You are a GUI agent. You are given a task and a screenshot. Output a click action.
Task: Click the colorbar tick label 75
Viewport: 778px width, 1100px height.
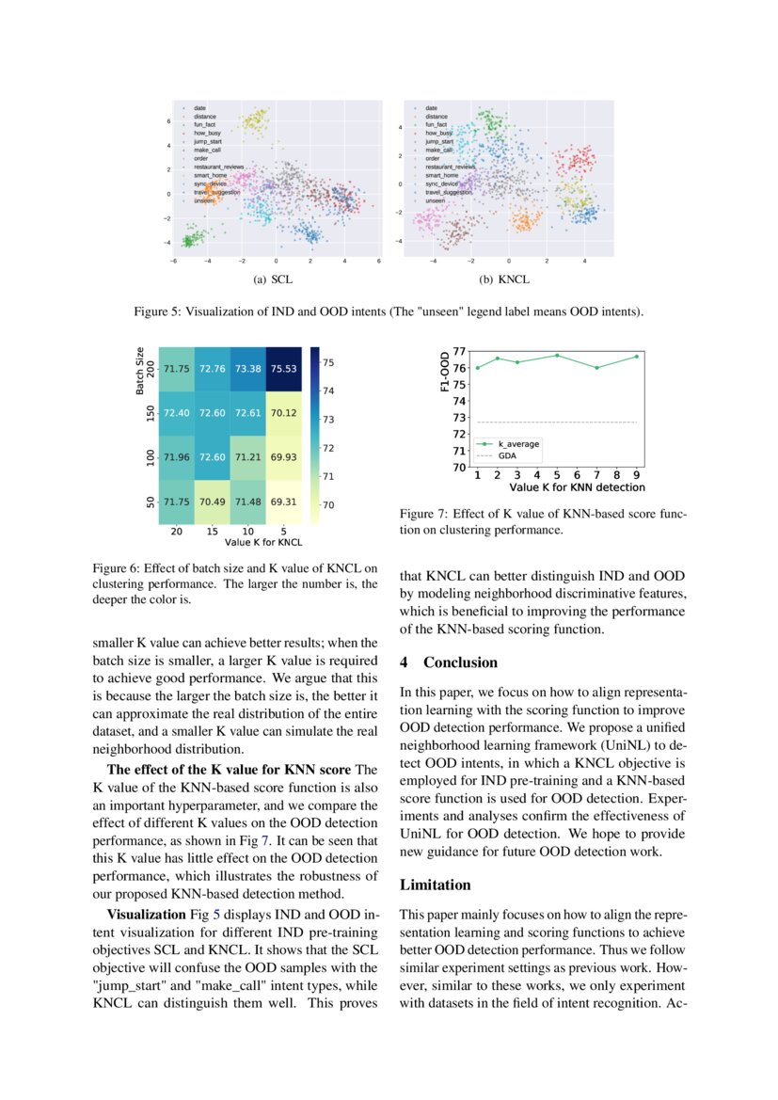330,362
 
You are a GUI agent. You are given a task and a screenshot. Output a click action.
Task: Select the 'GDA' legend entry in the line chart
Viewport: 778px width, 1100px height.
506,454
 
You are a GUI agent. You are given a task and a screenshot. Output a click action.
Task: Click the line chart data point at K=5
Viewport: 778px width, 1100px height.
557,355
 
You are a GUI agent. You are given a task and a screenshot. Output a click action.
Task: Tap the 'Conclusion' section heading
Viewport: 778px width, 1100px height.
460,662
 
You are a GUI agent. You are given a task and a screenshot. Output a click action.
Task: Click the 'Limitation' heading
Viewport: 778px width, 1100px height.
435,885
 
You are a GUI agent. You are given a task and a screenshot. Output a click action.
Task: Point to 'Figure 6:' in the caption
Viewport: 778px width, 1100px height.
115,568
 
